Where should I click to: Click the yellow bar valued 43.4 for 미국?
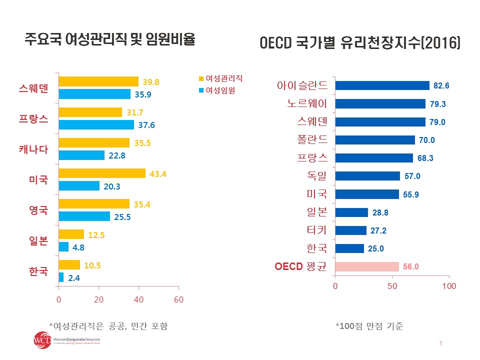[102, 173]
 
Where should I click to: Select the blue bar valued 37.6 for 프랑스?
[96, 125]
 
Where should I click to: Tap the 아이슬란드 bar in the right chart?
[382, 85]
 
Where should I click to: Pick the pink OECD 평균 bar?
[367, 266]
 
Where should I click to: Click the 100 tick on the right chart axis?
[449, 286]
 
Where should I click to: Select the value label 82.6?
[441, 86]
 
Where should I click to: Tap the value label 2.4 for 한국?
[74, 277]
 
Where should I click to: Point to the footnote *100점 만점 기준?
[369, 326]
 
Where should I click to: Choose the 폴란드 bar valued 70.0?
[375, 140]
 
